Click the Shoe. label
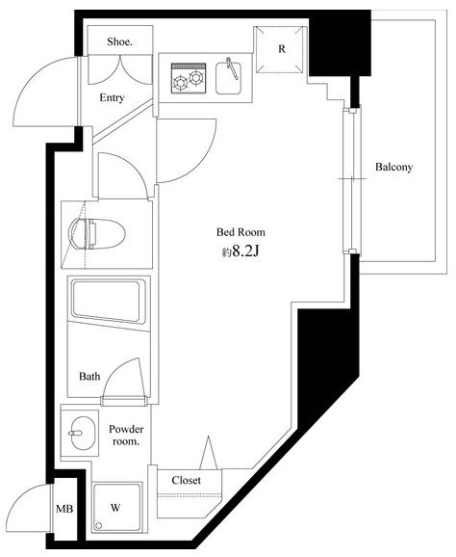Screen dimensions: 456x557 119,41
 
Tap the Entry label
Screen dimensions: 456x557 112,97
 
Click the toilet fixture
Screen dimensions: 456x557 97,234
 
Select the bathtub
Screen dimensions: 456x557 109,302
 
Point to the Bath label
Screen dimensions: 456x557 89,376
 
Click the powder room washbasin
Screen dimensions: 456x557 83,433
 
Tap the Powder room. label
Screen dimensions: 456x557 126,436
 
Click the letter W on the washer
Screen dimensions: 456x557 115,508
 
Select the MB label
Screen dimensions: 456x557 64,509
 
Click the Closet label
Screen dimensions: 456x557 187,480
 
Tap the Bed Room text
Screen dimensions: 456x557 241,232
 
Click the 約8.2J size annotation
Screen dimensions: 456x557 241,252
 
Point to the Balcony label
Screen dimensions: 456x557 393,167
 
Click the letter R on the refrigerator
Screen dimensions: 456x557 282,49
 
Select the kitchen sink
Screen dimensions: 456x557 229,78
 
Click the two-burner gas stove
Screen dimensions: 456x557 189,78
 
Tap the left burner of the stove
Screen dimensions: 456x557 180,84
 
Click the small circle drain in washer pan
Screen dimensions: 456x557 99,526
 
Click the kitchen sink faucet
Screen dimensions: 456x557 232,68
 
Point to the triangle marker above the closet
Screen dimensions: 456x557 209,453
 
